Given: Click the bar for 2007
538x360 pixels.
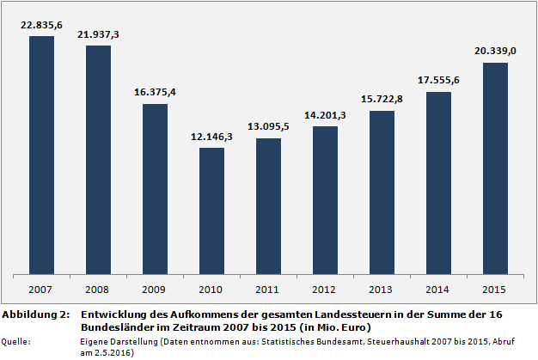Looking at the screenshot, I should pos(42,156).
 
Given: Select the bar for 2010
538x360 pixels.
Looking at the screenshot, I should pos(212,211).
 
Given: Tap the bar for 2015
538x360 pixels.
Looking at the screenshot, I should pos(496,168).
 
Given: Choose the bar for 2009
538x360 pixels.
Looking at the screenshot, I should pos(156,190).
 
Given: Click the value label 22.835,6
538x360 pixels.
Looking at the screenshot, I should pos(42,25).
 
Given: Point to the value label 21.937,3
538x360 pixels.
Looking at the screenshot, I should pos(99,34).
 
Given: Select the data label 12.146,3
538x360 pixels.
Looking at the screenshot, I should pos(212,137).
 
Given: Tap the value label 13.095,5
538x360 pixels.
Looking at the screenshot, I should pos(269,127).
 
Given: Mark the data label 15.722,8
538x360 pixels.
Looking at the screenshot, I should pos(382,100).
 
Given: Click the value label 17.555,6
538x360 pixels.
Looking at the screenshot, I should pos(439,81).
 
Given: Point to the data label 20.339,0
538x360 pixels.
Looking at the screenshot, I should pos(496,52).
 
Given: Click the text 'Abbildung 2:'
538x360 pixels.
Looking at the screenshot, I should pos(35,315).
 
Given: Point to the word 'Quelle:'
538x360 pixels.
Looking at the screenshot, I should pos(17,342).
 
